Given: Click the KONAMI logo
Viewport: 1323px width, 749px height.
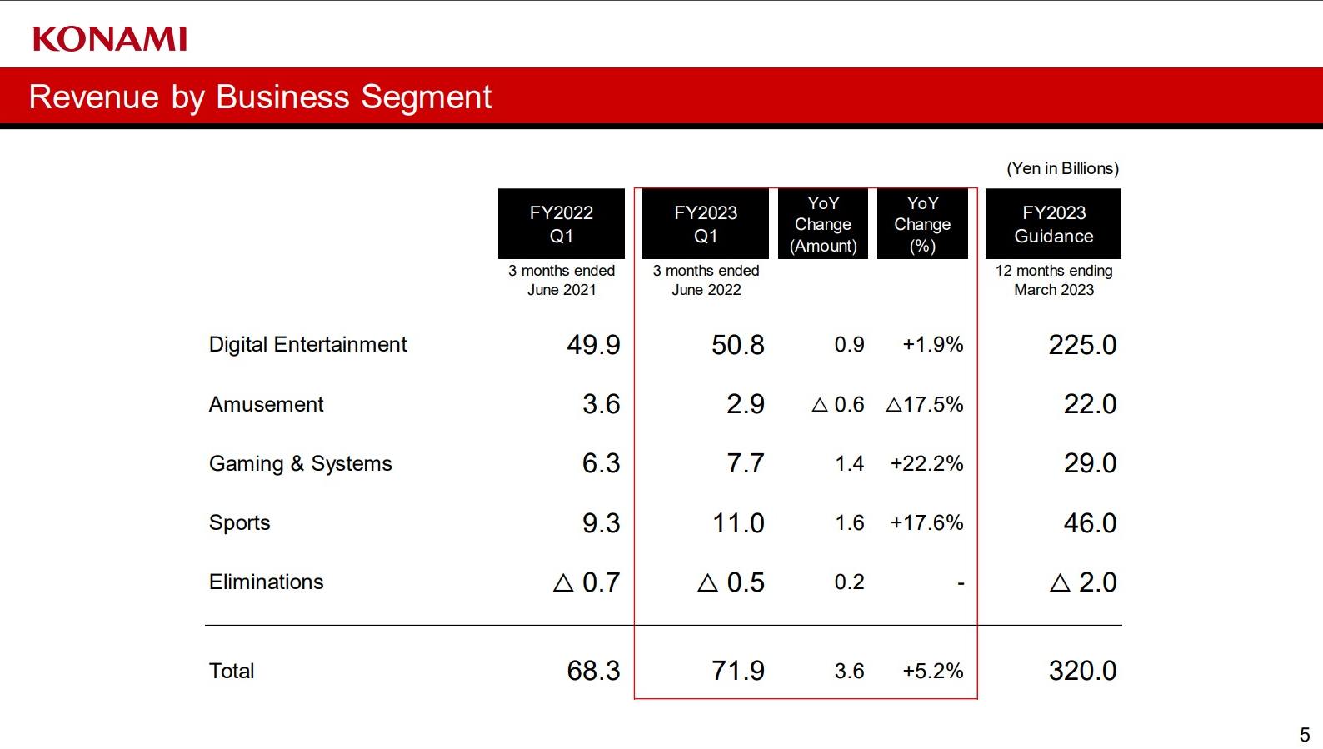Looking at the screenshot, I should pyautogui.click(x=110, y=39).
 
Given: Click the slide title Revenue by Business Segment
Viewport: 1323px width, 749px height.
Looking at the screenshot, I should pyautogui.click(x=260, y=97).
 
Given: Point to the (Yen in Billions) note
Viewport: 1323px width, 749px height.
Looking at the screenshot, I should pyautogui.click(x=1062, y=168).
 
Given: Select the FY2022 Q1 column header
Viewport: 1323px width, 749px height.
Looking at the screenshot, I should pyautogui.click(x=561, y=224).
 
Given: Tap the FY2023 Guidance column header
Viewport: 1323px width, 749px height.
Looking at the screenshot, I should pyautogui.click(x=1053, y=224).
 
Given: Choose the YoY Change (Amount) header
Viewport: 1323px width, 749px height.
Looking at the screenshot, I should pyautogui.click(x=823, y=224).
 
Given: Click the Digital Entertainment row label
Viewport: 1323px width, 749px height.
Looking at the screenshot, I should pyautogui.click(x=307, y=344).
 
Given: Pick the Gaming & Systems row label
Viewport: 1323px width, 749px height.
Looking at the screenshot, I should pyautogui.click(x=300, y=463).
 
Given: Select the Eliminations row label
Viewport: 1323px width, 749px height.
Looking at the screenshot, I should pyautogui.click(x=266, y=582).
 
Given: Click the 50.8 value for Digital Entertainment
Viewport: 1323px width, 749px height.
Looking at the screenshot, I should pyautogui.click(x=737, y=345).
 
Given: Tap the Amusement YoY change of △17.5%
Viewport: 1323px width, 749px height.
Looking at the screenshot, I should pyautogui.click(x=925, y=404).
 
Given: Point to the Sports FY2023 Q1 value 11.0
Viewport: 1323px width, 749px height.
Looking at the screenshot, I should pyautogui.click(x=737, y=523).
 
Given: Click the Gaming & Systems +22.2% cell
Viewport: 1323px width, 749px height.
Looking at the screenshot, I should pyautogui.click(x=926, y=463).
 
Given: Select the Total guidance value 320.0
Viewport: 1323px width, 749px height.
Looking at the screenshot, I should pyautogui.click(x=1082, y=671).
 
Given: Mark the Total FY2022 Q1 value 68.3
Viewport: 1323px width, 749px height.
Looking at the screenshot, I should pyautogui.click(x=593, y=671).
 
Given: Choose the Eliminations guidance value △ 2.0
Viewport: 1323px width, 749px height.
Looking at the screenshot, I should pyautogui.click(x=1083, y=582).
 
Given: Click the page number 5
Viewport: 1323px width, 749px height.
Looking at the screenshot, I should pyautogui.click(x=1305, y=735).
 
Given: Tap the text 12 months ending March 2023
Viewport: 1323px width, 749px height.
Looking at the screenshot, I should pyautogui.click(x=1053, y=280).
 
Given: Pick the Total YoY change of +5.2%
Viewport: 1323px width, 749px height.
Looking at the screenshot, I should pyautogui.click(x=932, y=671).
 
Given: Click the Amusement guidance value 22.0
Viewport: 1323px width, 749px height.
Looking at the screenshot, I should pyautogui.click(x=1090, y=404).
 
